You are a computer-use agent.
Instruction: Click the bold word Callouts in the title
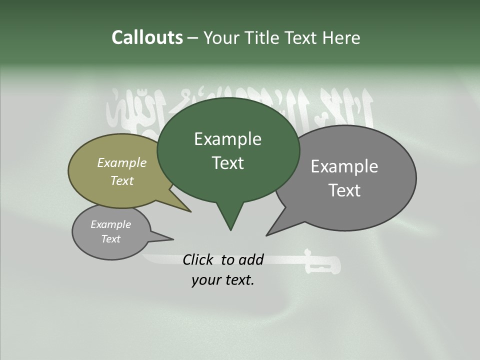point(147,37)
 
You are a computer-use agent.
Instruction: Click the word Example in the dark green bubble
point(227,139)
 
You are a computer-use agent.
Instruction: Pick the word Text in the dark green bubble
point(227,163)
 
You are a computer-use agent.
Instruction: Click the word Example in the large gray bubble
point(344,166)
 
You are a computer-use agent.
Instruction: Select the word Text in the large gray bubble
point(345,190)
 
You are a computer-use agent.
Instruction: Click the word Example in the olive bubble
point(121,162)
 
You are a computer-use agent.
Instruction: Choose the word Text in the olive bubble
point(122,180)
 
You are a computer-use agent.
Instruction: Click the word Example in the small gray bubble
point(110,224)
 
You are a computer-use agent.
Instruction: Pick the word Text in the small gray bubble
point(111,239)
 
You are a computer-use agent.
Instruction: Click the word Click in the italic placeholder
point(199,259)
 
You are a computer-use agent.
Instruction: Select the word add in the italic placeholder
point(251,259)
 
